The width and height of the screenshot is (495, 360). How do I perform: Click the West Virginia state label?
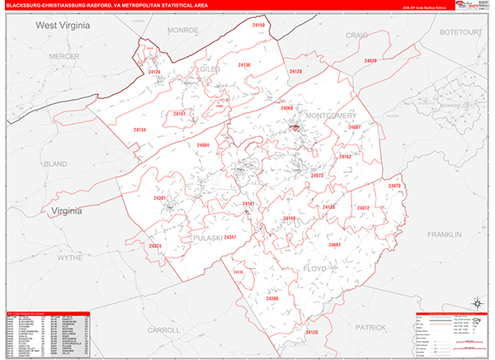pyautogui.click(x=62, y=26)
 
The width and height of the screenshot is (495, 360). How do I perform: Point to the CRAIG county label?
pyautogui.click(x=356, y=35)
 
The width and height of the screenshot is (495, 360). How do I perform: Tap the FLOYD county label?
pyautogui.click(x=316, y=268)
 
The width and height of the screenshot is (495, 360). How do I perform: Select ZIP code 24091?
pyautogui.click(x=334, y=245)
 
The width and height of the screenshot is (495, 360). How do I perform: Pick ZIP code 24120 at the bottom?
pyautogui.click(x=311, y=332)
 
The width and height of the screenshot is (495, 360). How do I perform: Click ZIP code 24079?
pyautogui.click(x=394, y=186)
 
